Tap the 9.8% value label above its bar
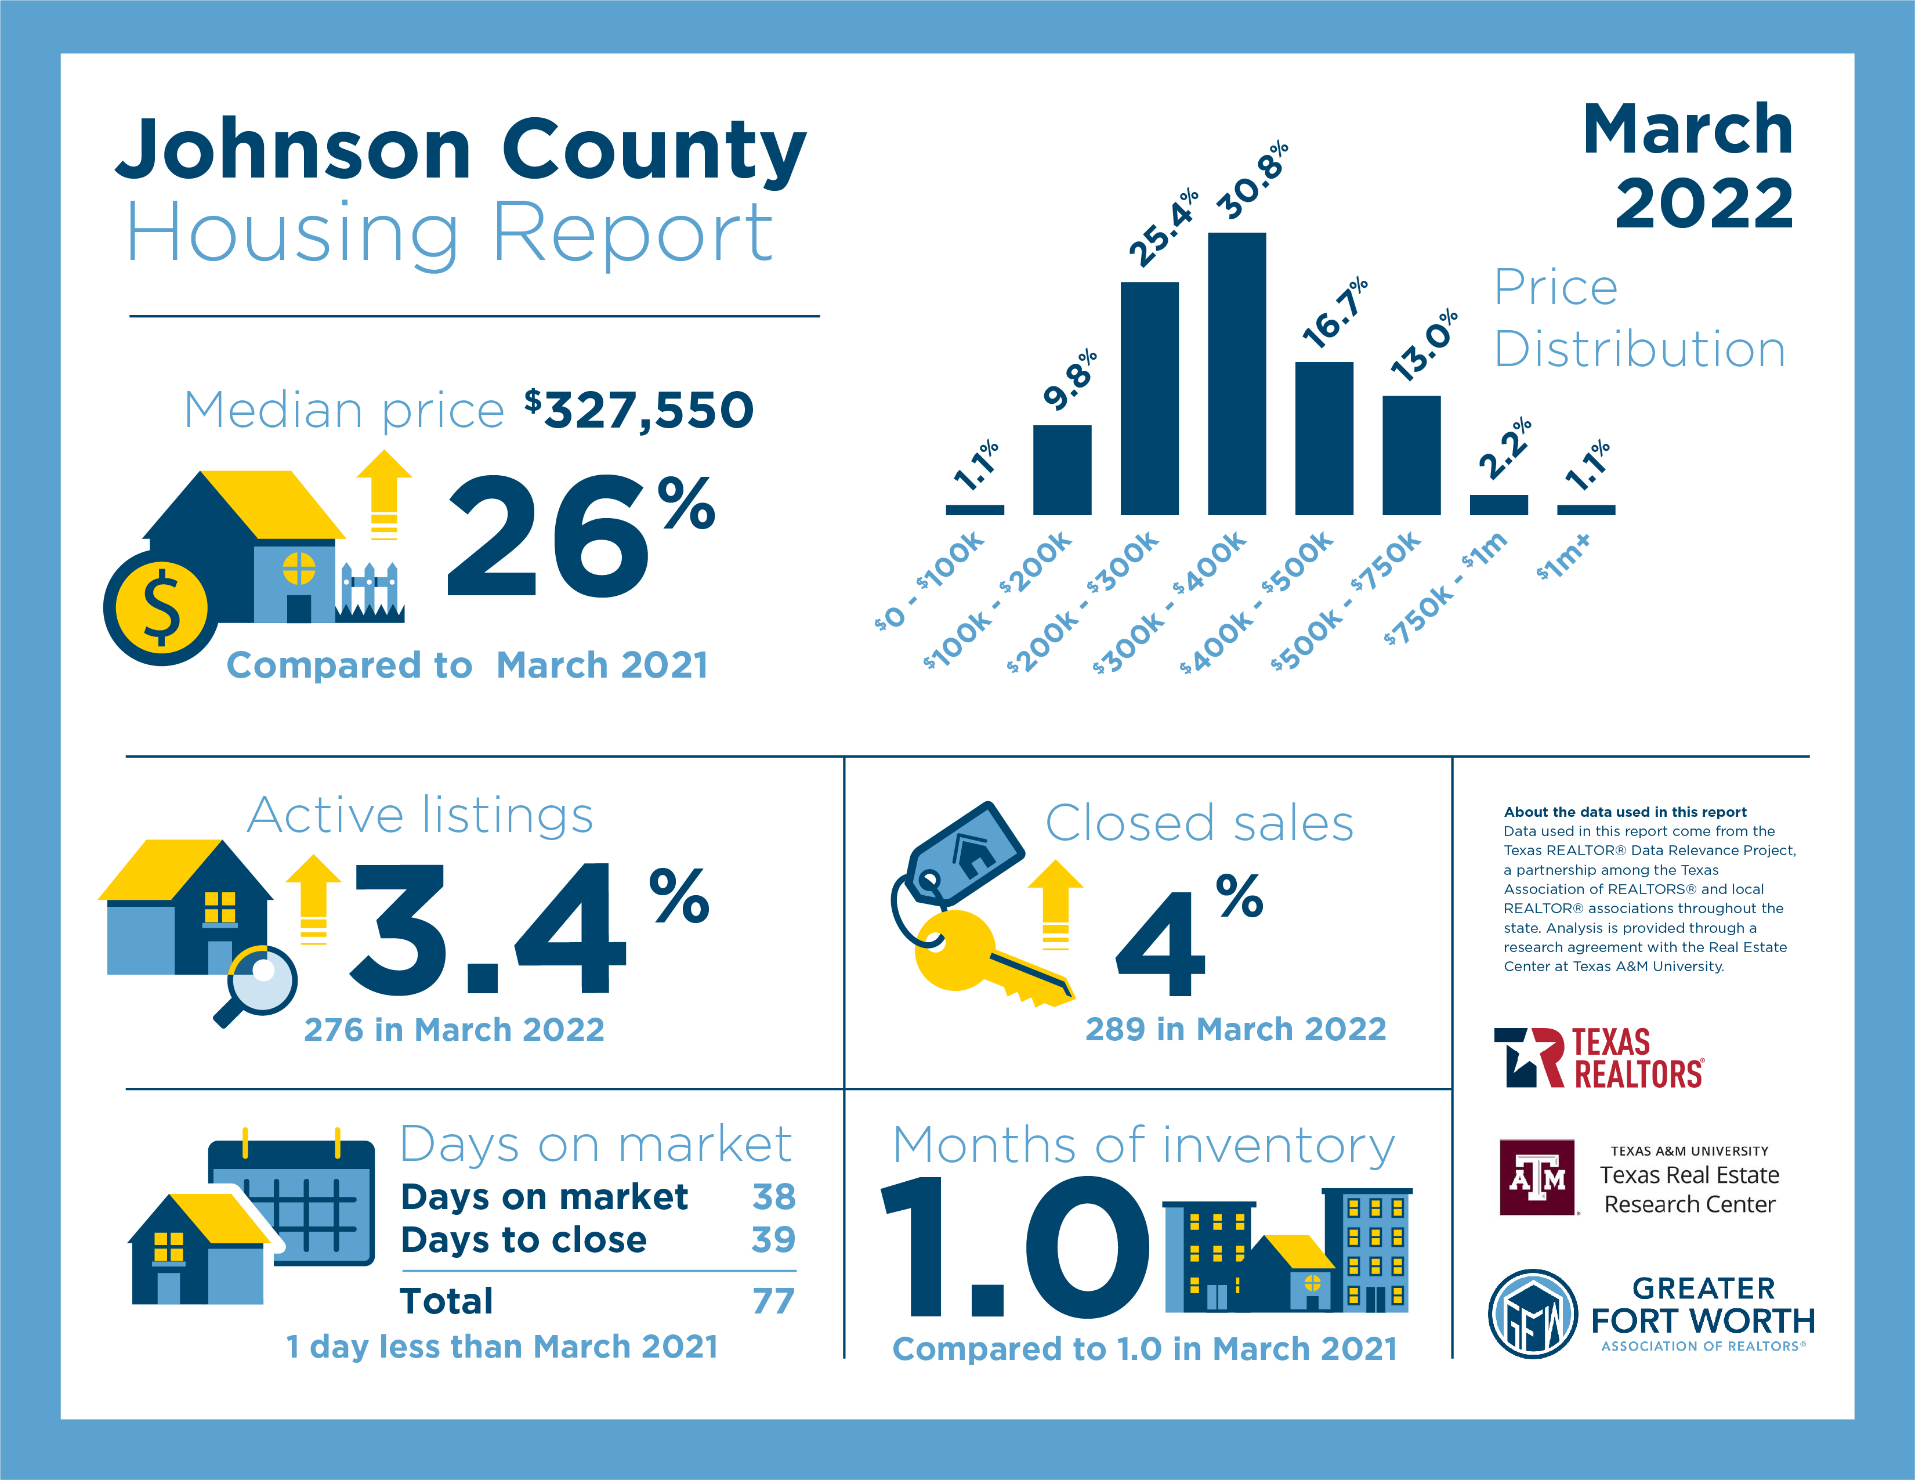[x=1070, y=379]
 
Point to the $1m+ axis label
[x=1563, y=557]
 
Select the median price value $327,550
[x=639, y=410]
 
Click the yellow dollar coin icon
[x=161, y=607]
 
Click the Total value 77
[x=773, y=1301]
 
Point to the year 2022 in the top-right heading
[x=1704, y=204]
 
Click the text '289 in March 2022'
[x=1236, y=1029]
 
